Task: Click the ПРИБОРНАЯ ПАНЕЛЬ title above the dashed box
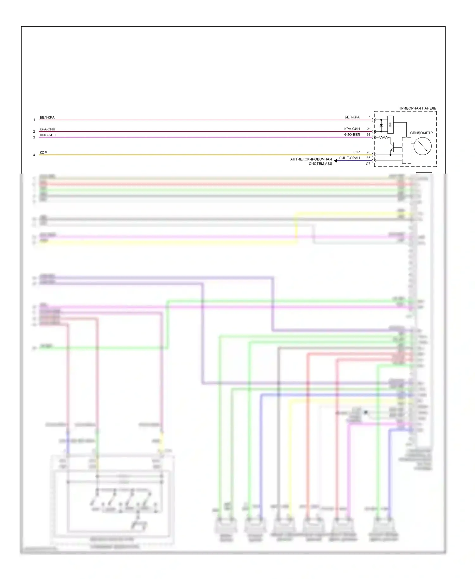point(417,108)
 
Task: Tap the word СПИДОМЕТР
point(421,133)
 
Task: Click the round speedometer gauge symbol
point(422,146)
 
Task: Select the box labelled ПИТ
point(390,125)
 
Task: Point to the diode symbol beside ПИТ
point(381,126)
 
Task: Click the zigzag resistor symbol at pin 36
point(383,137)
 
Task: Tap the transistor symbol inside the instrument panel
point(392,148)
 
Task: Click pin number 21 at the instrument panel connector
point(369,129)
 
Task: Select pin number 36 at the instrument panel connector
point(368,135)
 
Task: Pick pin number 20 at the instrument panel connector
point(368,152)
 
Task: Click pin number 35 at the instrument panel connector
point(368,158)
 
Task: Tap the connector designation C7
point(368,164)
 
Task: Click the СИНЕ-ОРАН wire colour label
point(349,158)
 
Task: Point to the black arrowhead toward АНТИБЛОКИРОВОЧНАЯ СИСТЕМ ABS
point(336,161)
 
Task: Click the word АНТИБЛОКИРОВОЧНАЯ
point(311,159)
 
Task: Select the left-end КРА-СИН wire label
point(47,129)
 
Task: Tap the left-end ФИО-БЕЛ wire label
point(47,135)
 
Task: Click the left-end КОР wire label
point(43,153)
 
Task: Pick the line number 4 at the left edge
point(34,155)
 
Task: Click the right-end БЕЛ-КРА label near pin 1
point(352,117)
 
